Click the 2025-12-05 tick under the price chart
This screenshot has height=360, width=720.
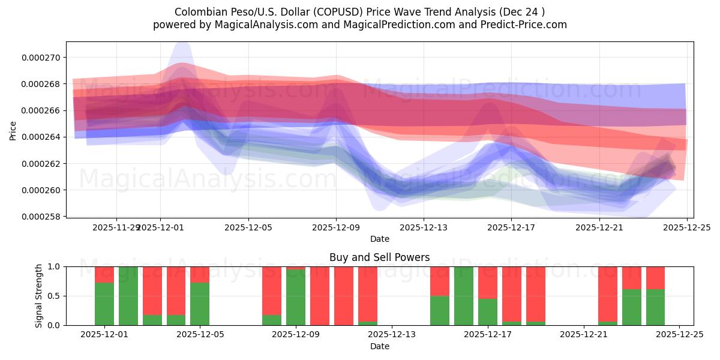coord(248,227)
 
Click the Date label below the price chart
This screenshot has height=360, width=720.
coord(379,239)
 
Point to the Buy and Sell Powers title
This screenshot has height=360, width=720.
coord(379,257)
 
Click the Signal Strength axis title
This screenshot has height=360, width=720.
coord(39,296)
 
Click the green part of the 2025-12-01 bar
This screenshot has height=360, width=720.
coord(104,304)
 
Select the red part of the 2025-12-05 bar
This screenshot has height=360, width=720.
coord(200,274)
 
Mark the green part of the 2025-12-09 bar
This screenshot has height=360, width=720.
coord(296,298)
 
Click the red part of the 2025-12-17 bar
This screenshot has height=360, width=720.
coord(488,282)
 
